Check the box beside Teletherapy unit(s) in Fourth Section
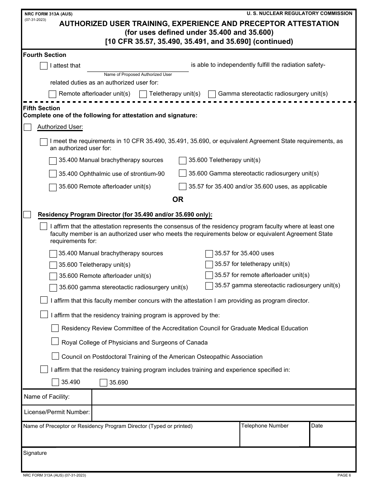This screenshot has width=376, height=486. click(143, 94)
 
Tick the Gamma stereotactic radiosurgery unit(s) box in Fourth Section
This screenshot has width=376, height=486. click(212, 94)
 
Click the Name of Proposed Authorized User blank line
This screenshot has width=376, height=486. click(138, 66)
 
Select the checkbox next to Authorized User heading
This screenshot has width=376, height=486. click(27, 127)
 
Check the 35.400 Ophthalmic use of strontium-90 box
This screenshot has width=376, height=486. click(53, 174)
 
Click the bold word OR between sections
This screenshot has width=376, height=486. click(178, 200)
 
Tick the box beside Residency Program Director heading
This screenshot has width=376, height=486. click(27, 215)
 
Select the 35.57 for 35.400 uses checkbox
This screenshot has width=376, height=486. click(209, 254)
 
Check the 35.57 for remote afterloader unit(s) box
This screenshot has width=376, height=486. click(209, 275)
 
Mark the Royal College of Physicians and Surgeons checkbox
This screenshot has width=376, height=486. click(55, 342)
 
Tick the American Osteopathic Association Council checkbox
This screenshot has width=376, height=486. click(55, 356)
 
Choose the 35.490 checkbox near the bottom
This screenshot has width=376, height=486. click(55, 382)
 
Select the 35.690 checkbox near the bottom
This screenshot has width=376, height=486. click(103, 382)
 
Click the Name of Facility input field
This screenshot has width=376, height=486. click(223, 397)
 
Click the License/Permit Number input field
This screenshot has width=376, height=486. click(223, 413)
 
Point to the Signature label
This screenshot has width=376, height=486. click(35, 453)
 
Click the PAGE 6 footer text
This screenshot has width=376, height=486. click(344, 475)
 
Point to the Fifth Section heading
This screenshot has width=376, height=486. click(42, 108)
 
